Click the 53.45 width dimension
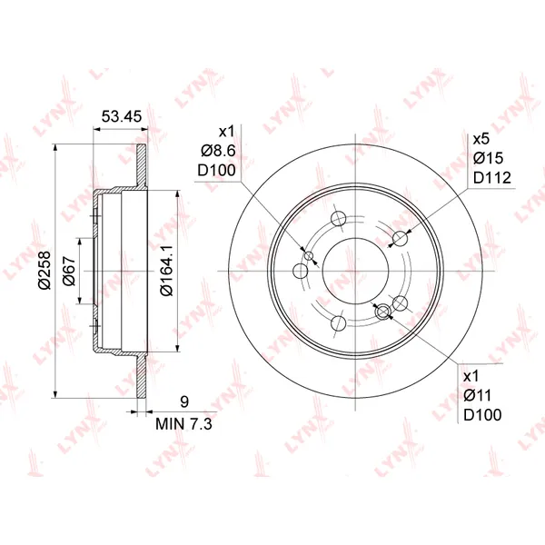point(122,116)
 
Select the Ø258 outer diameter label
point(45,270)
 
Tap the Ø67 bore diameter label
point(69,271)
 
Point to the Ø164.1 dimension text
point(166,271)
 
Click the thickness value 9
point(184,401)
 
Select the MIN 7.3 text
point(183,423)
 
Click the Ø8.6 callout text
point(218,151)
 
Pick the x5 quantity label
point(481,139)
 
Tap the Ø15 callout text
point(488,158)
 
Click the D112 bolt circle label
point(492,178)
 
